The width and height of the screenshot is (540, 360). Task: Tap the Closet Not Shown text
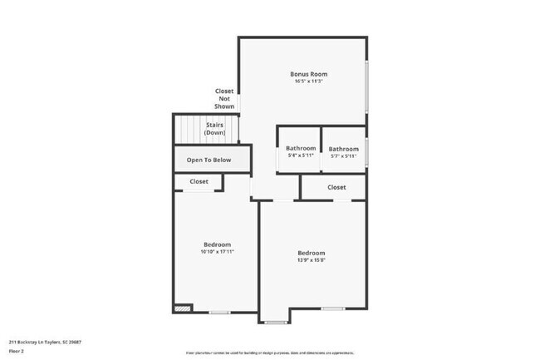point(224,98)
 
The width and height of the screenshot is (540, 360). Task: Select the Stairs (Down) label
point(215,128)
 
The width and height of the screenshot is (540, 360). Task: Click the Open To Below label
point(209,160)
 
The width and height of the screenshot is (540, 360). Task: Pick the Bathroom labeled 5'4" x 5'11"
point(301,149)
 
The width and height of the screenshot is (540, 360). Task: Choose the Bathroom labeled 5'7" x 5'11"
point(343,149)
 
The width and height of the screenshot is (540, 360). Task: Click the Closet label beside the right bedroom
point(336,187)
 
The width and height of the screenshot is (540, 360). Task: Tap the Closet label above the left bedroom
point(199,181)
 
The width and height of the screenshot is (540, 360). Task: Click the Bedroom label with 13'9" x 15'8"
point(312,252)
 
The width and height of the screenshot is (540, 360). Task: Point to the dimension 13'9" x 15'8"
point(312,259)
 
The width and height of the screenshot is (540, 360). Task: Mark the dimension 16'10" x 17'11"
point(217,252)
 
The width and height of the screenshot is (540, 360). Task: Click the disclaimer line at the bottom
point(268,352)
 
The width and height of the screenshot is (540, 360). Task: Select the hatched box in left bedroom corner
point(182,308)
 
